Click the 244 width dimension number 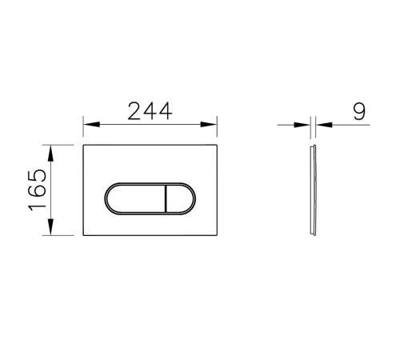click(x=151, y=111)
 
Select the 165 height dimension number click(x=38, y=190)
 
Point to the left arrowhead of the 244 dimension click(x=88, y=125)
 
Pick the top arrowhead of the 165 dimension click(x=52, y=150)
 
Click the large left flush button click(x=133, y=199)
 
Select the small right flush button click(x=178, y=199)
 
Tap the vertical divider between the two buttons click(x=164, y=199)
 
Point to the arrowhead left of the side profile click(x=306, y=125)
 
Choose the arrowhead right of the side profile click(x=320, y=125)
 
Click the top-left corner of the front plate click(x=83, y=146)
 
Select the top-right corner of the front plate click(x=218, y=146)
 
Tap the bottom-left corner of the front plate click(x=83, y=236)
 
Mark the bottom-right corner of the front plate click(x=218, y=236)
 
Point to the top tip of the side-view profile click(x=313, y=146)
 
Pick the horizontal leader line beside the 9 click(x=340, y=125)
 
